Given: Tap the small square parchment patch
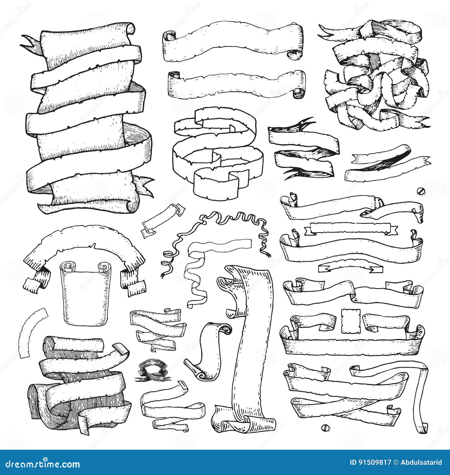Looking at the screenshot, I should tap(351, 321).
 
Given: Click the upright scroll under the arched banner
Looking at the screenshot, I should tap(86, 295).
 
